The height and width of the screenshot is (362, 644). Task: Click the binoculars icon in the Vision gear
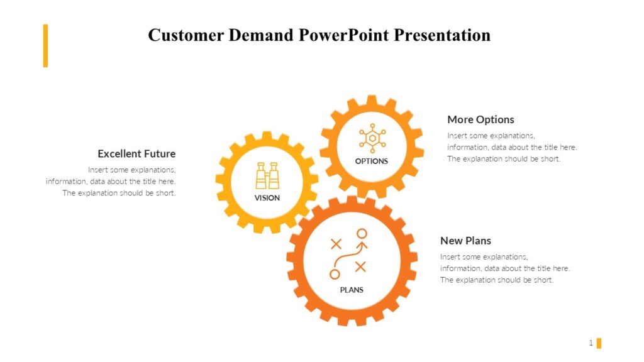(267, 175)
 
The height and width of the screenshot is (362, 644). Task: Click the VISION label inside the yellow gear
(267, 198)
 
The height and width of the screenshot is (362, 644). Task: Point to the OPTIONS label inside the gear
(372, 161)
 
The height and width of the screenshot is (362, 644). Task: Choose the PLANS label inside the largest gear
(352, 290)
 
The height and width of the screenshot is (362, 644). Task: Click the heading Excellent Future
(136, 154)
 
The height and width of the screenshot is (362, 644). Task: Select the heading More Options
(480, 119)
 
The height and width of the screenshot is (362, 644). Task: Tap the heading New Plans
(465, 241)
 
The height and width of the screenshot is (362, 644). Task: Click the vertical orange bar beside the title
(45, 45)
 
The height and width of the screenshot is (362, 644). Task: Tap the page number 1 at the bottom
(591, 343)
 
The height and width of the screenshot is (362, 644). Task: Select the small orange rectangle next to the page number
(599, 343)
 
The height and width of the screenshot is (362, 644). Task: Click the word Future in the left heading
(160, 154)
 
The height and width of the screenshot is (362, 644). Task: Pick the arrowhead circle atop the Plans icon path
(362, 234)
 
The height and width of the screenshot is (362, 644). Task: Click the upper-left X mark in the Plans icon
(336, 243)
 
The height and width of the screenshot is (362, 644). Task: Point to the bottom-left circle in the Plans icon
(335, 274)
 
